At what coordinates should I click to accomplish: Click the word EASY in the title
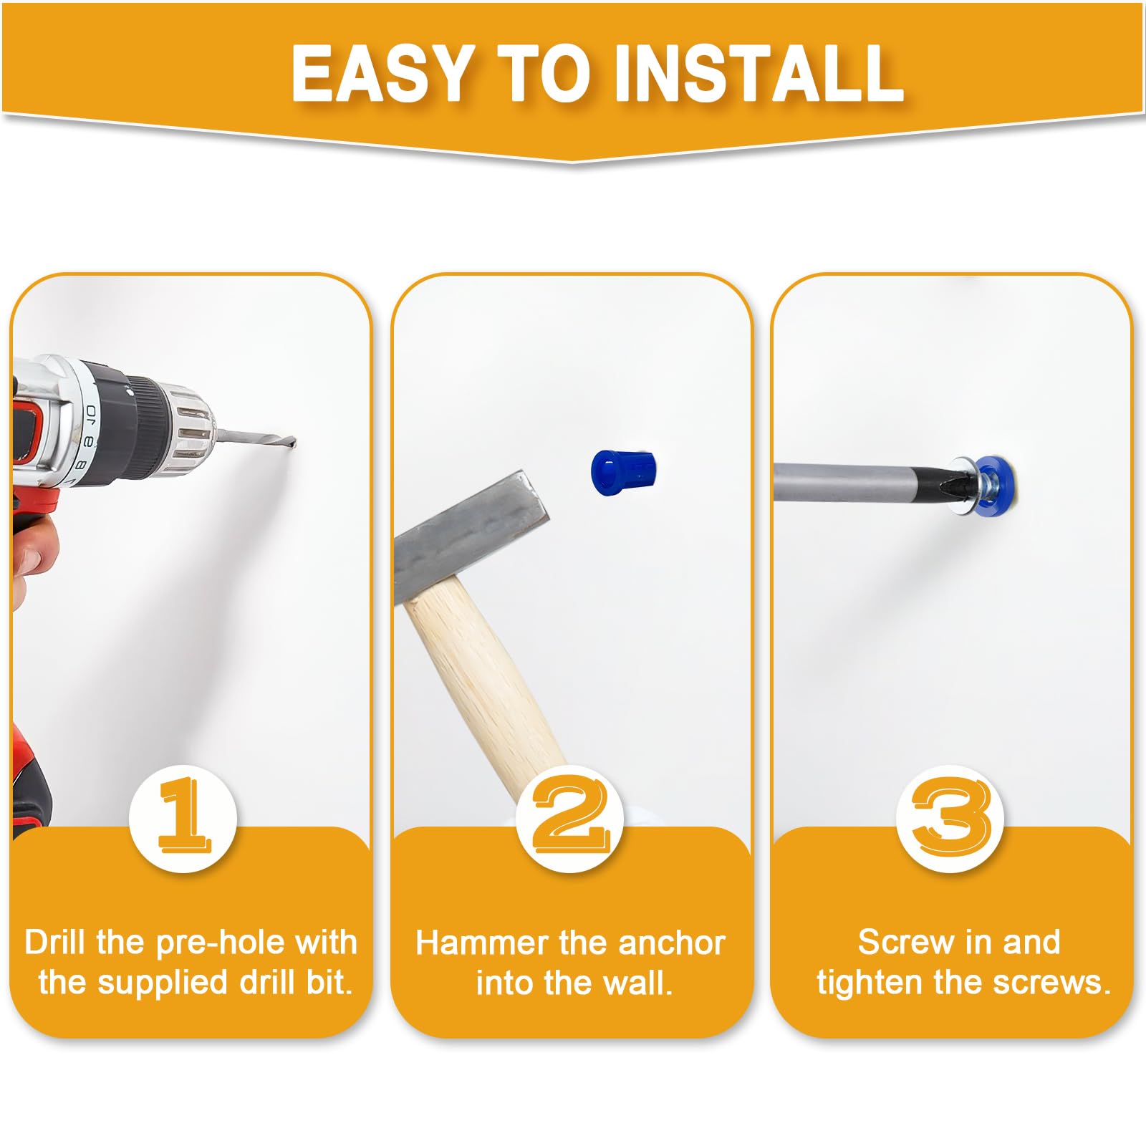coord(381,72)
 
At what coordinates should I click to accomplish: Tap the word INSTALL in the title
coord(759,72)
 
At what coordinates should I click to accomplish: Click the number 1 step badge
coord(183,818)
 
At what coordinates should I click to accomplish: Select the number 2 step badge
coord(570,818)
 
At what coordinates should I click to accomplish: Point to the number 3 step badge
coord(950,818)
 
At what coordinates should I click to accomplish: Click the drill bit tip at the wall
coord(294,445)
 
